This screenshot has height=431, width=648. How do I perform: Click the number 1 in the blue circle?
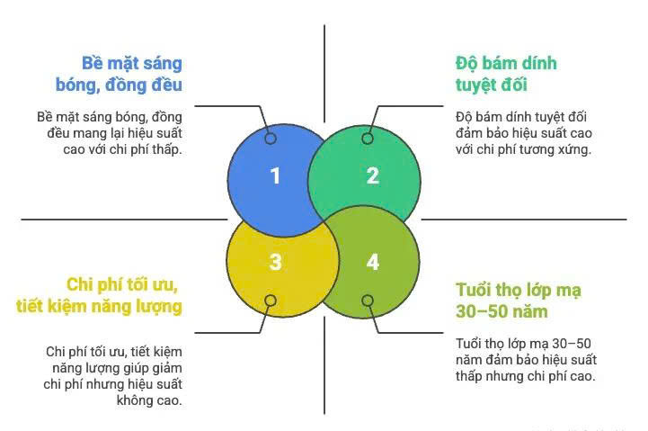tap(275, 175)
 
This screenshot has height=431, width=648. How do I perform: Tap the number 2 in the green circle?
tap(373, 175)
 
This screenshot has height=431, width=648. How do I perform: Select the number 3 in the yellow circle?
tap(275, 262)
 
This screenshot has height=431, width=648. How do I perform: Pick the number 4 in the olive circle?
tap(373, 262)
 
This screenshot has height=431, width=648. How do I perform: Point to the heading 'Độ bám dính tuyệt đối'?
tap(506, 74)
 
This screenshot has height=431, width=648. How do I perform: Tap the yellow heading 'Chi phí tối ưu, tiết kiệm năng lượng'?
tap(99, 295)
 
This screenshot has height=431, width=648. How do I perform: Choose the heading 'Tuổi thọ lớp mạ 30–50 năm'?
tap(518, 301)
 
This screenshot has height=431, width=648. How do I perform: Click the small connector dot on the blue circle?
tap(270, 139)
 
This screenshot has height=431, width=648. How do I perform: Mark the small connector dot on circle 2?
tap(367, 139)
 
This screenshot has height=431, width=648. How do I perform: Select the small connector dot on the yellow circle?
tap(270, 301)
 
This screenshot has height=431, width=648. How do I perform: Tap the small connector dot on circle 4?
tap(367, 301)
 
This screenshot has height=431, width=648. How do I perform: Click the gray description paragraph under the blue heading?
tap(110, 133)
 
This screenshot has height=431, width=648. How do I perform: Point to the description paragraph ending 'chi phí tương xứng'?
tap(523, 133)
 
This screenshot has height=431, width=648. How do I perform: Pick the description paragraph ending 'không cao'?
tap(114, 375)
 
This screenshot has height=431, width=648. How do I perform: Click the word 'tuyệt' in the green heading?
tap(477, 85)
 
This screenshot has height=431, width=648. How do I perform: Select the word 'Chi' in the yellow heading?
tap(84, 284)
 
